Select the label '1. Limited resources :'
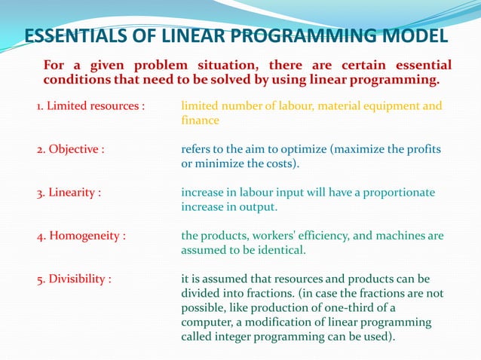[90, 106]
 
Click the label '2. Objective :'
[70, 149]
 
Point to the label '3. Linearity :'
[69, 192]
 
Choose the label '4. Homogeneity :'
[81, 236]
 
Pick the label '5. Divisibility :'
[74, 279]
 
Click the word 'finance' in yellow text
[200, 121]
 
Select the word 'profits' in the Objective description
[423, 149]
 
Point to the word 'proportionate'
[398, 192]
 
